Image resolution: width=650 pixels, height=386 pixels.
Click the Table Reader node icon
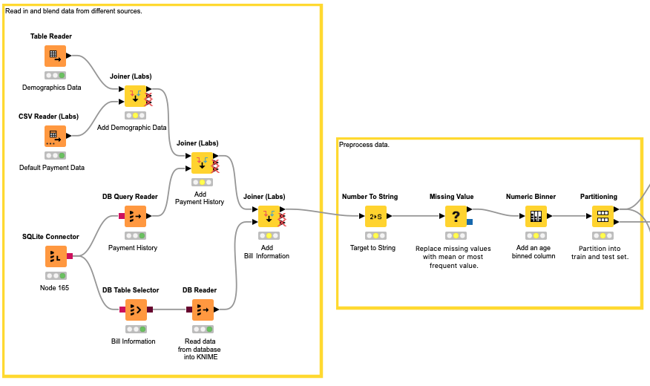click(54, 56)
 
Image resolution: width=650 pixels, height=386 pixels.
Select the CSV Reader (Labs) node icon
click(54, 136)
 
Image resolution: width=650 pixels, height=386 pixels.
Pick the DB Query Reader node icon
click(135, 216)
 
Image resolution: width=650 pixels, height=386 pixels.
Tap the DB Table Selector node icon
click(135, 310)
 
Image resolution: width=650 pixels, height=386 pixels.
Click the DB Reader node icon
click(203, 310)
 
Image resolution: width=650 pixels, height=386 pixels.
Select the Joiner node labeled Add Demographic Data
click(135, 95)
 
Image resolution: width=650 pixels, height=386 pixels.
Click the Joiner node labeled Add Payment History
click(202, 163)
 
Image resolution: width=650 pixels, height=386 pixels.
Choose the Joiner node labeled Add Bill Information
click(269, 216)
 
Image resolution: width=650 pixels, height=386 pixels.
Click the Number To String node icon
click(375, 216)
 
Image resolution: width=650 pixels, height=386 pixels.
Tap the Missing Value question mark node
click(456, 216)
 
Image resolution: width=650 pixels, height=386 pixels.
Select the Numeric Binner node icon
click(536, 216)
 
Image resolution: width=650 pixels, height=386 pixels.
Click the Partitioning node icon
click(603, 216)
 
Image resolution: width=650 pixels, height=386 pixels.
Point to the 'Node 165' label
click(53, 287)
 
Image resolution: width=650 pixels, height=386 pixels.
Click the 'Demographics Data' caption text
click(51, 88)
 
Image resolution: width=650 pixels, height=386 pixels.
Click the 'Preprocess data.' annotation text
click(364, 145)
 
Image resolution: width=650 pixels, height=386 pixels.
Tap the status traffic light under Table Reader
click(54, 76)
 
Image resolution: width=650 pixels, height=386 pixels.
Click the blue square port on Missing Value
click(470, 222)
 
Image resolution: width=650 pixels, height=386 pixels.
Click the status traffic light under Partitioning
click(603, 235)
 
